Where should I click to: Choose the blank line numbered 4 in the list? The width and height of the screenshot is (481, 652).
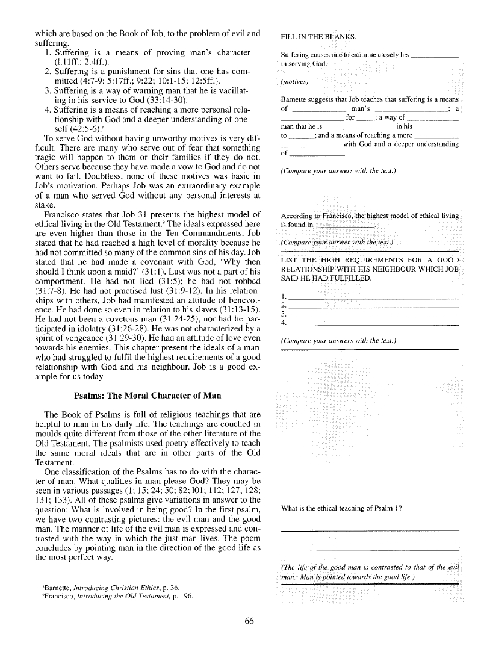point(373,323)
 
